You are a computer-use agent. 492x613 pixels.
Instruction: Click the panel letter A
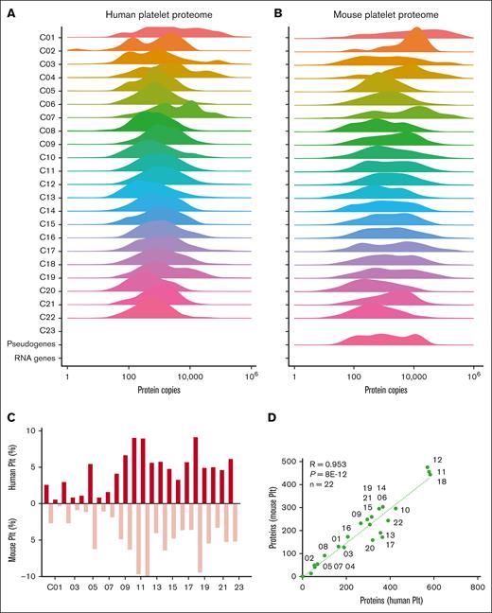pyautogui.click(x=9, y=11)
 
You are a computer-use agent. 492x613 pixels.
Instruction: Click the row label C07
pyautogui.click(x=25, y=116)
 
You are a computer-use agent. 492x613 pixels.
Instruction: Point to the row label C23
pyautogui.click(x=25, y=329)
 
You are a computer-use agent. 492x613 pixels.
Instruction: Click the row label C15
pyautogui.click(x=25, y=222)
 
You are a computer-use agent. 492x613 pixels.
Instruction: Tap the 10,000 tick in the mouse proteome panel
pyautogui.click(x=413, y=377)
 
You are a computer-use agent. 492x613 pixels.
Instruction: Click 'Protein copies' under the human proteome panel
pyautogui.click(x=160, y=389)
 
